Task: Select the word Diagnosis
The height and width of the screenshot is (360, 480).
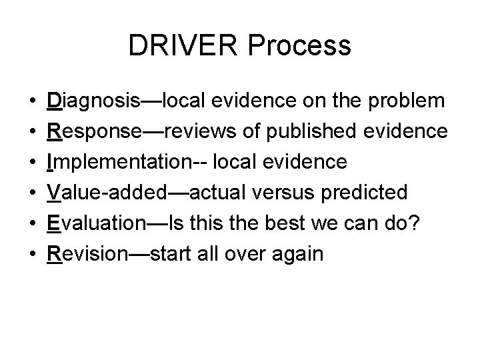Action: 91,101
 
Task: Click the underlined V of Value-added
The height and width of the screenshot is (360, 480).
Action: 53,193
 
